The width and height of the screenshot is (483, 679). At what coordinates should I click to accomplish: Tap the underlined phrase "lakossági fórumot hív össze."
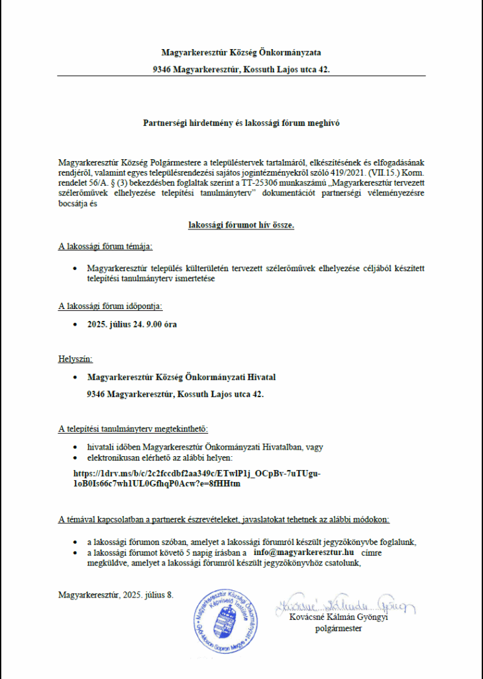(241, 225)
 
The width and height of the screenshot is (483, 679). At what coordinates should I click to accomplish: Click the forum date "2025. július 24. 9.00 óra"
(132, 325)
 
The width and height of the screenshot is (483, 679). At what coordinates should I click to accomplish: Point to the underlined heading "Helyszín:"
(76, 359)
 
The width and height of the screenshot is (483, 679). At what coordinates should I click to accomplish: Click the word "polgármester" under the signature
(338, 628)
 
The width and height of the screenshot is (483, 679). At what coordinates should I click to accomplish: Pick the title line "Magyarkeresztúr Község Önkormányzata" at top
(241, 52)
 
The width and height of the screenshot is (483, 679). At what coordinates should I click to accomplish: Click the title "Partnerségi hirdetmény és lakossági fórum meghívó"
(241, 123)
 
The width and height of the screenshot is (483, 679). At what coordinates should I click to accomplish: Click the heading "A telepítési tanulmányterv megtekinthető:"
(133, 428)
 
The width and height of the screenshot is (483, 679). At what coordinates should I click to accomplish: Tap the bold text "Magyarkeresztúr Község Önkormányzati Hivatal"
(182, 377)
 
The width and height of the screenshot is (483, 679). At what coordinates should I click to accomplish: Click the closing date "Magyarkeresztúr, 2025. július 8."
(116, 594)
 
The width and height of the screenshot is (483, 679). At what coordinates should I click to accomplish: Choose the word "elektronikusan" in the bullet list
(115, 458)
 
